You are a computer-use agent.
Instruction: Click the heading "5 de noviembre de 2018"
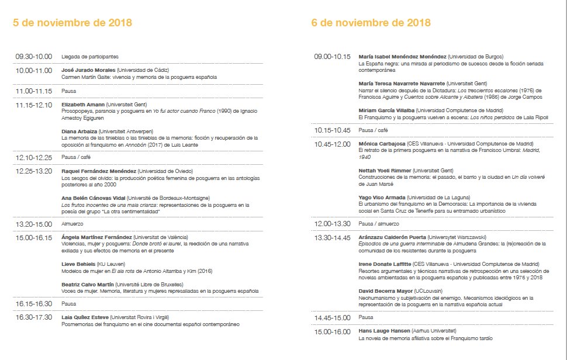point(72,23)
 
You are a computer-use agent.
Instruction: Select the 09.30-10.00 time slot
point(34,57)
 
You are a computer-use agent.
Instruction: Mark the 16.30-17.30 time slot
point(34,317)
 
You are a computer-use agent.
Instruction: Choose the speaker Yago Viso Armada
point(382,197)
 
